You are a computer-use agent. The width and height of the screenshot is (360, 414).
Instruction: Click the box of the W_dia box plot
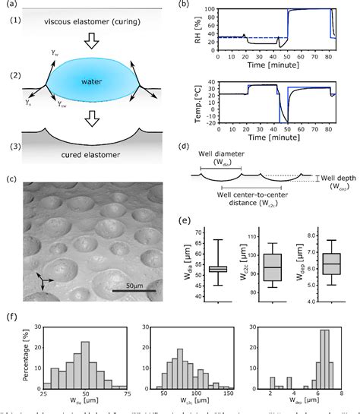pyautogui.click(x=218, y=268)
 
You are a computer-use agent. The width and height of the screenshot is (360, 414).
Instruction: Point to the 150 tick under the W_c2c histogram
pyautogui.click(x=229, y=397)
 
